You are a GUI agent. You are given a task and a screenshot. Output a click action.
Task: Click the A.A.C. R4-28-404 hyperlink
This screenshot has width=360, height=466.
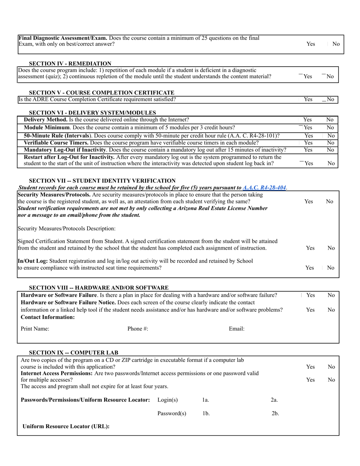click(264, 188)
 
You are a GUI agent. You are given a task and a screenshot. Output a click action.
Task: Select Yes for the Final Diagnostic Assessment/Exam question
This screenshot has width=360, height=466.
click(310, 44)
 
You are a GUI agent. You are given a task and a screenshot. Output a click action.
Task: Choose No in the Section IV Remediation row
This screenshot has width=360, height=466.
click(330, 77)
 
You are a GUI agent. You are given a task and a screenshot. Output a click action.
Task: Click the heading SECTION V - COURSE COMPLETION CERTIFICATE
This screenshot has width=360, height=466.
click(102, 92)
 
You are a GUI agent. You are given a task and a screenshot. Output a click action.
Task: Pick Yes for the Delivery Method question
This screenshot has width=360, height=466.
click(307, 120)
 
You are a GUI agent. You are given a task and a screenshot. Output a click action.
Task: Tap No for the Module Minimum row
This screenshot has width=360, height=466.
click(330, 128)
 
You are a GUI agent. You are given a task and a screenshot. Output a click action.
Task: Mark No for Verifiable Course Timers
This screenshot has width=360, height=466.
click(330, 143)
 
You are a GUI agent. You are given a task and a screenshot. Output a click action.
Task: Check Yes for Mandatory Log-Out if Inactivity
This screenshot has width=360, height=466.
click(308, 150)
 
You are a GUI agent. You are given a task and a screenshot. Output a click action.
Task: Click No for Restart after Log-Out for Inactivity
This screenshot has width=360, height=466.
click(331, 163)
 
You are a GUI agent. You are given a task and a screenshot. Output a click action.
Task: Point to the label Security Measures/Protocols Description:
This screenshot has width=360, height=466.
click(66, 229)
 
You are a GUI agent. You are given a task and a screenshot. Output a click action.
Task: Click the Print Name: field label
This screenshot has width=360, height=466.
click(35, 329)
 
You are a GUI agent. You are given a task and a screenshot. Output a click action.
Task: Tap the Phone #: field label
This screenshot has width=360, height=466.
click(138, 329)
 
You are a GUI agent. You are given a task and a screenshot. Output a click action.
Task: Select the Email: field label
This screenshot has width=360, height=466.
click(236, 329)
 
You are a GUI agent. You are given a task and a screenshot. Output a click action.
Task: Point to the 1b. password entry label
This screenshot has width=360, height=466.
click(206, 413)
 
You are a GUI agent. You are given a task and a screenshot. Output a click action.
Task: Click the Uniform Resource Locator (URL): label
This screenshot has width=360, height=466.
click(66, 426)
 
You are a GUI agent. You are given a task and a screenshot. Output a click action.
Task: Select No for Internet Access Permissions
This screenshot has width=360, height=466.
click(331, 380)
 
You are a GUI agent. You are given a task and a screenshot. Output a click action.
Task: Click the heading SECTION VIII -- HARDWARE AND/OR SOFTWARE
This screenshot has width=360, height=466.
click(99, 288)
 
